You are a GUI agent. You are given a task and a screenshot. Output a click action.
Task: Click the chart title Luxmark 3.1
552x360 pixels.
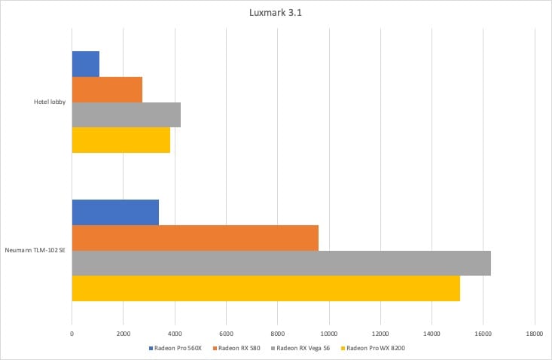tap(276, 12)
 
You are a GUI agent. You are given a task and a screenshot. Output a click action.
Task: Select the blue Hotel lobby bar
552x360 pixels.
tap(86, 64)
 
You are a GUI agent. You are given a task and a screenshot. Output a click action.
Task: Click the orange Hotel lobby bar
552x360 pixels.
tap(107, 89)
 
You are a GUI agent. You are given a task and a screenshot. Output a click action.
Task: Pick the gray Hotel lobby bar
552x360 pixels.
tap(127, 114)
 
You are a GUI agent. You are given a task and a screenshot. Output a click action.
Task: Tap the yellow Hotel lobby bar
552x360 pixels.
tap(121, 140)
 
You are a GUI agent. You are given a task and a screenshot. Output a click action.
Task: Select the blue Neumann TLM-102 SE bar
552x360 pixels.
tap(115, 212)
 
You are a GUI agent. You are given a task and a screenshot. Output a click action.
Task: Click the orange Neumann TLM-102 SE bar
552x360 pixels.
tap(195, 238)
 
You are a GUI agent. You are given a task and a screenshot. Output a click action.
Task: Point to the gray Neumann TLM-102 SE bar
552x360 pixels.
tap(282, 263)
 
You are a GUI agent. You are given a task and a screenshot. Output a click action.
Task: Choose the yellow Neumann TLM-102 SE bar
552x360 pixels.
tap(266, 288)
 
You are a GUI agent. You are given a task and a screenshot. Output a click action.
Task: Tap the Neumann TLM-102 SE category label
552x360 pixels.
tap(35, 250)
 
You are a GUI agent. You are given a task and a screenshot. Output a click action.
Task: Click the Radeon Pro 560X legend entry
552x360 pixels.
tap(178, 347)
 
